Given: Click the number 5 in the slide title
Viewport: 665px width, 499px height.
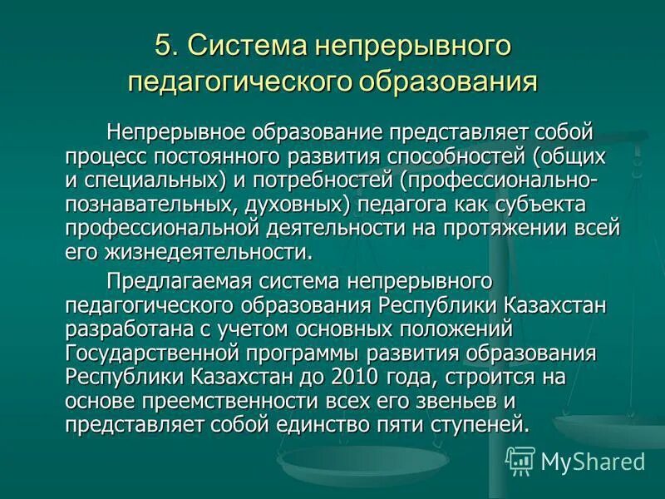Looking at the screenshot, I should (163, 47).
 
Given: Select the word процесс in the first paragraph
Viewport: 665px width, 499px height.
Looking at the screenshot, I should (103, 156).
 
